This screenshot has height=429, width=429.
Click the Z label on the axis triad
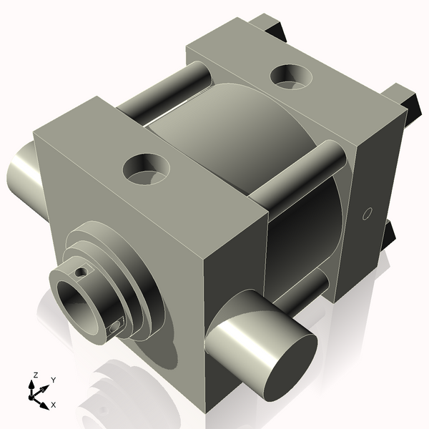pos(36,375)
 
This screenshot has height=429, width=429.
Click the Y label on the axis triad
pos(54,380)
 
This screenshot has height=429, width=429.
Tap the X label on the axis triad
pos(54,405)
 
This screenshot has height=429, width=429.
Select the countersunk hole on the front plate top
pos(147,168)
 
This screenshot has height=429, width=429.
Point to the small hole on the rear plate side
pos(368,212)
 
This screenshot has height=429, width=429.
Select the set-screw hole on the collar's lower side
pos(115,327)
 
